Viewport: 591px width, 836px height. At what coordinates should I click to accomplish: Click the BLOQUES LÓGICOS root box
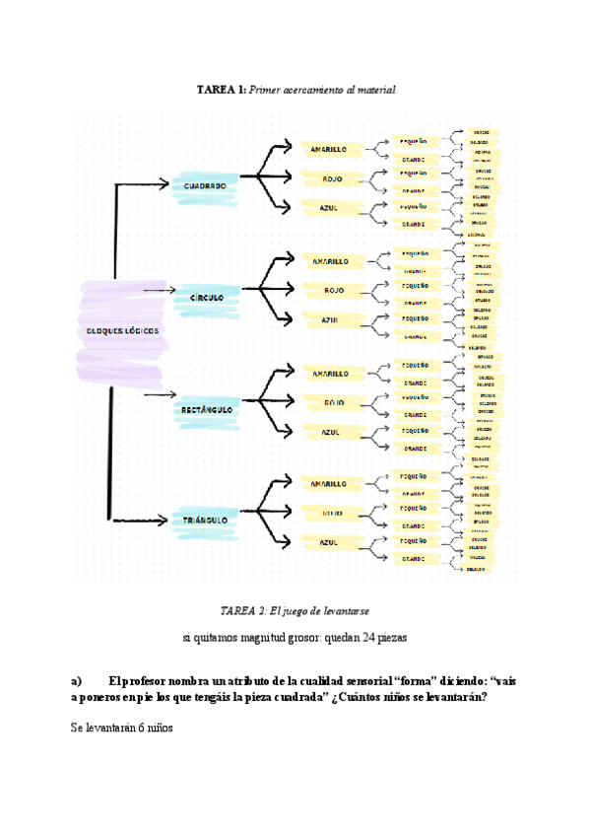pyautogui.click(x=123, y=332)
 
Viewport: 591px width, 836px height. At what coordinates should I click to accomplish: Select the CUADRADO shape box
pyautogui.click(x=205, y=185)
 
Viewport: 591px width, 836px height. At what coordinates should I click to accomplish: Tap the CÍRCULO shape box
pyautogui.click(x=206, y=297)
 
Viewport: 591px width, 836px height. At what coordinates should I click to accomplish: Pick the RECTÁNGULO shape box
pyautogui.click(x=207, y=408)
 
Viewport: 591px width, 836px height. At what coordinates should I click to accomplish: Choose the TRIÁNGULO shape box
pyautogui.click(x=205, y=520)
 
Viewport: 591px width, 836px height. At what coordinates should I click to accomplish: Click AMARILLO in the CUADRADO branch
pyautogui.click(x=328, y=150)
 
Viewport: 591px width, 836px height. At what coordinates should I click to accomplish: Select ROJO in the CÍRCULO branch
pyautogui.click(x=333, y=290)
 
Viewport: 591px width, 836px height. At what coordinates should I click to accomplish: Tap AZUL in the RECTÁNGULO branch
pyautogui.click(x=331, y=432)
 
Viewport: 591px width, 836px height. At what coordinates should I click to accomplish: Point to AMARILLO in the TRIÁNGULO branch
pyautogui.click(x=328, y=484)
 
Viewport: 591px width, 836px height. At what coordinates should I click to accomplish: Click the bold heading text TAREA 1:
pyautogui.click(x=222, y=90)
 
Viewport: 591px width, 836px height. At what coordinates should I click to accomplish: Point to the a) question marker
pyautogui.click(x=75, y=680)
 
